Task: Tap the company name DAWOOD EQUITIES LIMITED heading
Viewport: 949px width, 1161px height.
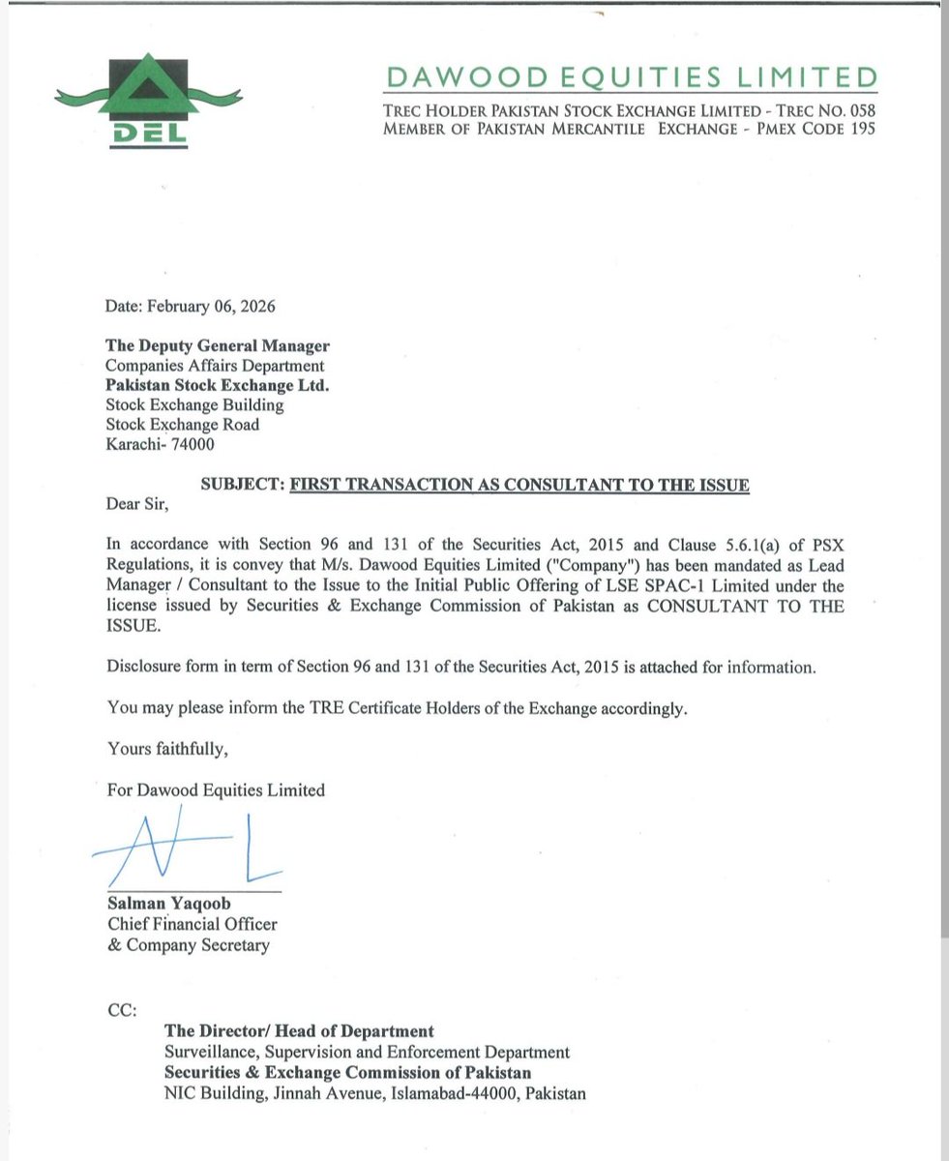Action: point(630,76)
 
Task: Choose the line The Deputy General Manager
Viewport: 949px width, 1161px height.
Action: point(218,345)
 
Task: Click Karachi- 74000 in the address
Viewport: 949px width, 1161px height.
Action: point(161,445)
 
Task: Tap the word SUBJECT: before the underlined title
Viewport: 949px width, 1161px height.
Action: point(241,485)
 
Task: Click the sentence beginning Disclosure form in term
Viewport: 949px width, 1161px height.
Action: point(462,668)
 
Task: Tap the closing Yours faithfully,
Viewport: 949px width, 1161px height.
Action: point(167,749)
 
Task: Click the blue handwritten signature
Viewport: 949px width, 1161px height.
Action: point(184,850)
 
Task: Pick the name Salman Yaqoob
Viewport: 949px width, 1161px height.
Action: point(169,904)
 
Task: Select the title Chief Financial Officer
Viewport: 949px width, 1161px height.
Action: point(193,924)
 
